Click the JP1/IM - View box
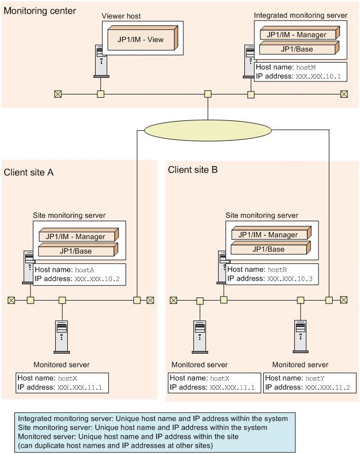click(142, 38)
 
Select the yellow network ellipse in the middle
click(208, 131)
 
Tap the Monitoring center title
click(39, 11)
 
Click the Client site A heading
click(29, 172)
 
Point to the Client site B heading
click(192, 170)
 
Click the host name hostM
click(306, 67)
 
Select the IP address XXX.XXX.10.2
click(97, 279)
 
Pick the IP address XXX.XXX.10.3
click(290, 279)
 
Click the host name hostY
click(315, 378)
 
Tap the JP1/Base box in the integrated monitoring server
click(299, 48)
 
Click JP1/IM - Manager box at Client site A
click(78, 235)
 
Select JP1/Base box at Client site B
click(271, 248)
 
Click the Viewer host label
click(121, 16)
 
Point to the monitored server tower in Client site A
click(61, 337)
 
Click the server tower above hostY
click(301, 336)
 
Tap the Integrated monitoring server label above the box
click(300, 15)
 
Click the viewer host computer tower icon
click(101, 61)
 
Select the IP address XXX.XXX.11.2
click(327, 388)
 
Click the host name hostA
click(85, 270)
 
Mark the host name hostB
click(277, 270)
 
